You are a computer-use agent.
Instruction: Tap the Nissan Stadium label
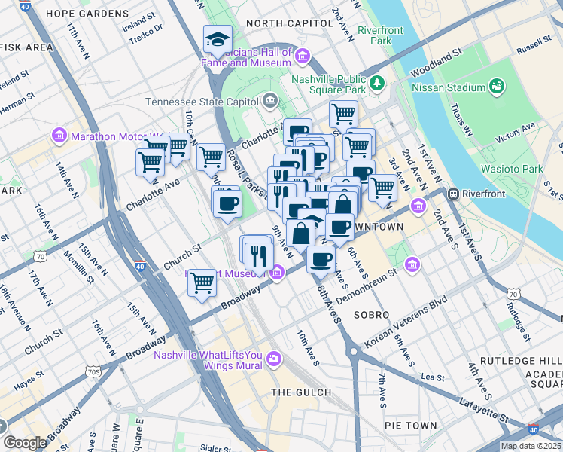449,87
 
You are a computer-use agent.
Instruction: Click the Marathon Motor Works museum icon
59,136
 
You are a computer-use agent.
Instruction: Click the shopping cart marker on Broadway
202,283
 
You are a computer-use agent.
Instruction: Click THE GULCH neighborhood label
301,392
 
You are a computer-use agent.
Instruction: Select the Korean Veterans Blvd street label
406,321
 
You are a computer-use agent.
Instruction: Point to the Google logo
26,443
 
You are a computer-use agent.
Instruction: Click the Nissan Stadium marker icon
497,87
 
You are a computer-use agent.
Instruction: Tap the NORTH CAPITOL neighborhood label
289,23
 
